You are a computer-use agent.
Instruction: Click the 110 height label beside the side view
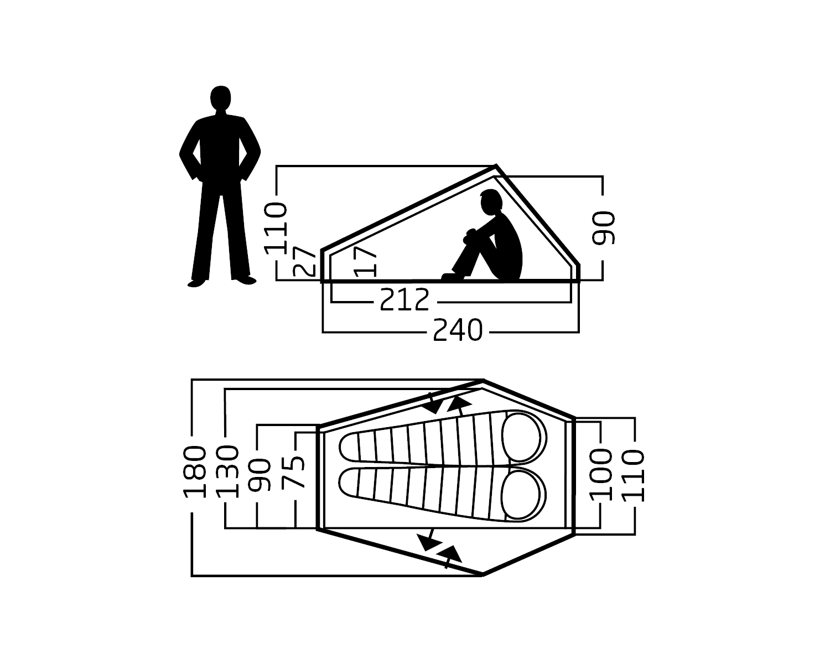(x=276, y=228)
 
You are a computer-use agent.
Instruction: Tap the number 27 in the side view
(x=304, y=261)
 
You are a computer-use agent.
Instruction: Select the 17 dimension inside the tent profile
(x=365, y=261)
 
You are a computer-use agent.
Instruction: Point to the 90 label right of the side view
(x=603, y=228)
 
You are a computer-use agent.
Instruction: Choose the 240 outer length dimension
(x=458, y=329)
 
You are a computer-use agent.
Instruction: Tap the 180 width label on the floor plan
(x=194, y=471)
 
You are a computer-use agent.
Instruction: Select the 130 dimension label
(x=227, y=471)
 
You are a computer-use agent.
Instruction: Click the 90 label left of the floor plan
(x=260, y=475)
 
